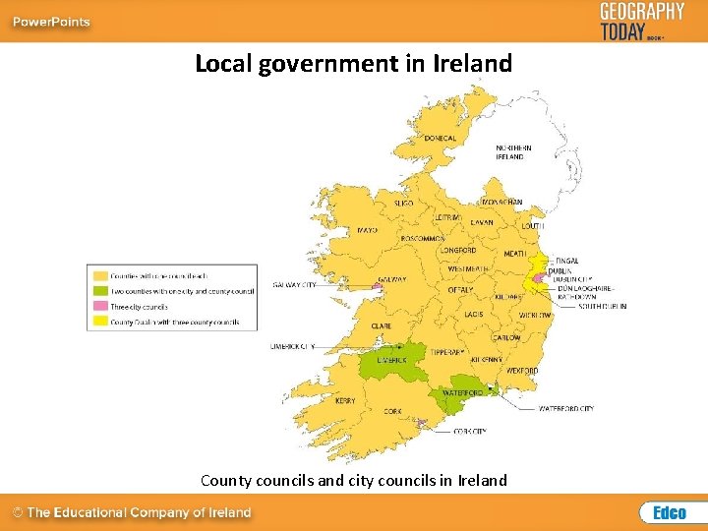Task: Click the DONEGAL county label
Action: [441, 139]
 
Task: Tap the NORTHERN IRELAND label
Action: [513, 152]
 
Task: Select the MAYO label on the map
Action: [367, 230]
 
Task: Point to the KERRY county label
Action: [345, 400]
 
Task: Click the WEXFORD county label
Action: [522, 371]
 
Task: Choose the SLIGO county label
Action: [403, 202]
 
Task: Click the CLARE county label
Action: [382, 325]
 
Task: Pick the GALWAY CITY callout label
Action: [295, 285]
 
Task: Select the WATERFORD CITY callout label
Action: [566, 408]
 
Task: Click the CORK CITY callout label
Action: [470, 431]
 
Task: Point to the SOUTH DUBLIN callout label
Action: [602, 306]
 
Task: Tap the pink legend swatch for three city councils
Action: [100, 307]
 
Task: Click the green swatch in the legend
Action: [100, 291]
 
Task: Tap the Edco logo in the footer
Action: [669, 512]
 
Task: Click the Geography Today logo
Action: [641, 21]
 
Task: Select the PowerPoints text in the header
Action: [50, 22]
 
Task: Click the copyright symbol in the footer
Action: [18, 512]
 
